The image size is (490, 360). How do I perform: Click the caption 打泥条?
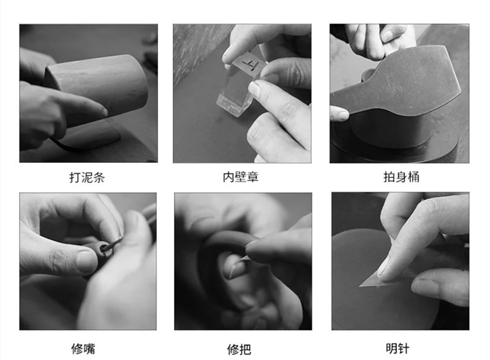87,178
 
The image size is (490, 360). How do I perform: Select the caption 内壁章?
241,177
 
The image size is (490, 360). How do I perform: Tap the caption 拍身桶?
401,177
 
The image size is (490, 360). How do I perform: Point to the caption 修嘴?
83,348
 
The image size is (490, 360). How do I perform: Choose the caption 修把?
239,349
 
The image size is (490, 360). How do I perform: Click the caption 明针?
397,348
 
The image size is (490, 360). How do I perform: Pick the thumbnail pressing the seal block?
255,88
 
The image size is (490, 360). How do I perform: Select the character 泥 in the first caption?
87,178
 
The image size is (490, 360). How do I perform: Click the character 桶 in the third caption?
413,177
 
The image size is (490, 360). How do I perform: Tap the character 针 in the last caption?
404,348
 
